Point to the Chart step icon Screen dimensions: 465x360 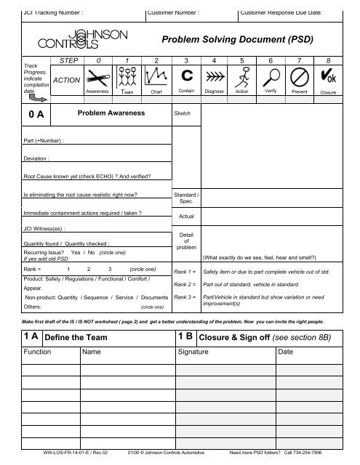click(156, 78)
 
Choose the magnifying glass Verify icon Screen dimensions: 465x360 click(271, 78)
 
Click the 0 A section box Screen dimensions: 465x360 click(32, 115)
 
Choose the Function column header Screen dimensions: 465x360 click(36, 352)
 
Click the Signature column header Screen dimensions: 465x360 click(197, 352)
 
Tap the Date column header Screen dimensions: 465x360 click(287, 352)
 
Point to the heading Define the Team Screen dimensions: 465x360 click(76, 337)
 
